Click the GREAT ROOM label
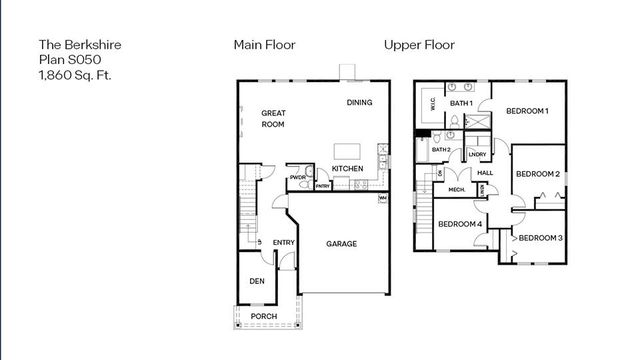click(x=274, y=119)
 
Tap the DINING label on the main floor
click(x=360, y=103)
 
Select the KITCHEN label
click(x=347, y=169)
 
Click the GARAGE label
click(x=341, y=243)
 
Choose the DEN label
click(x=256, y=280)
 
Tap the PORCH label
click(x=264, y=316)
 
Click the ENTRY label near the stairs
click(x=283, y=243)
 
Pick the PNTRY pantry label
click(x=323, y=186)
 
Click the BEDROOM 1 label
click(x=526, y=111)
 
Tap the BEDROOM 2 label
click(x=537, y=174)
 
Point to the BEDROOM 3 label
click(x=540, y=237)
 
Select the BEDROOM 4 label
click(x=460, y=224)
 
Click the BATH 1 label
click(x=460, y=103)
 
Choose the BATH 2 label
click(x=441, y=150)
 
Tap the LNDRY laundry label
click(x=477, y=154)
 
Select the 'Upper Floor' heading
click(x=419, y=45)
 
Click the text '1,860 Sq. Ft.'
click(x=73, y=74)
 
